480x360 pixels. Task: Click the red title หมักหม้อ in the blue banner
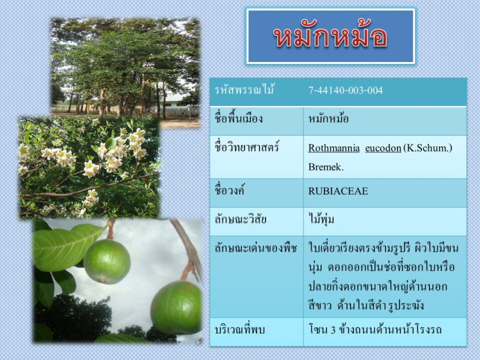click(x=330, y=36)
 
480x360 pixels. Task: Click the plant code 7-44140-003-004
click(x=345, y=90)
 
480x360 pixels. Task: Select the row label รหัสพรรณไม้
click(x=244, y=90)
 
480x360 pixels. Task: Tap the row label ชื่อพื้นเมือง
click(x=238, y=119)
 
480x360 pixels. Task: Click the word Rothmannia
click(x=334, y=148)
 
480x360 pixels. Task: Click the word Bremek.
click(x=326, y=167)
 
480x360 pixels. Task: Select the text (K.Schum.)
click(x=428, y=148)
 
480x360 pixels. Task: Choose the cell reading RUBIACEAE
click(x=338, y=191)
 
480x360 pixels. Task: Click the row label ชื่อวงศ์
click(x=229, y=190)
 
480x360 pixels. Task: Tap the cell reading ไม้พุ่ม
click(x=321, y=219)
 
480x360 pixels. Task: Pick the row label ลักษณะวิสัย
click(x=240, y=219)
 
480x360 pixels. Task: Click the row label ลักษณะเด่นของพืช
click(x=255, y=247)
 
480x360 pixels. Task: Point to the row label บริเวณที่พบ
click(x=239, y=330)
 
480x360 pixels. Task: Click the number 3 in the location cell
click(x=333, y=330)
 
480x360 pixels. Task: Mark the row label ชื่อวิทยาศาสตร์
click(x=247, y=147)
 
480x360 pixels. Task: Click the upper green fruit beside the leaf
click(x=107, y=261)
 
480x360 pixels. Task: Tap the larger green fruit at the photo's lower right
click(x=176, y=307)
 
